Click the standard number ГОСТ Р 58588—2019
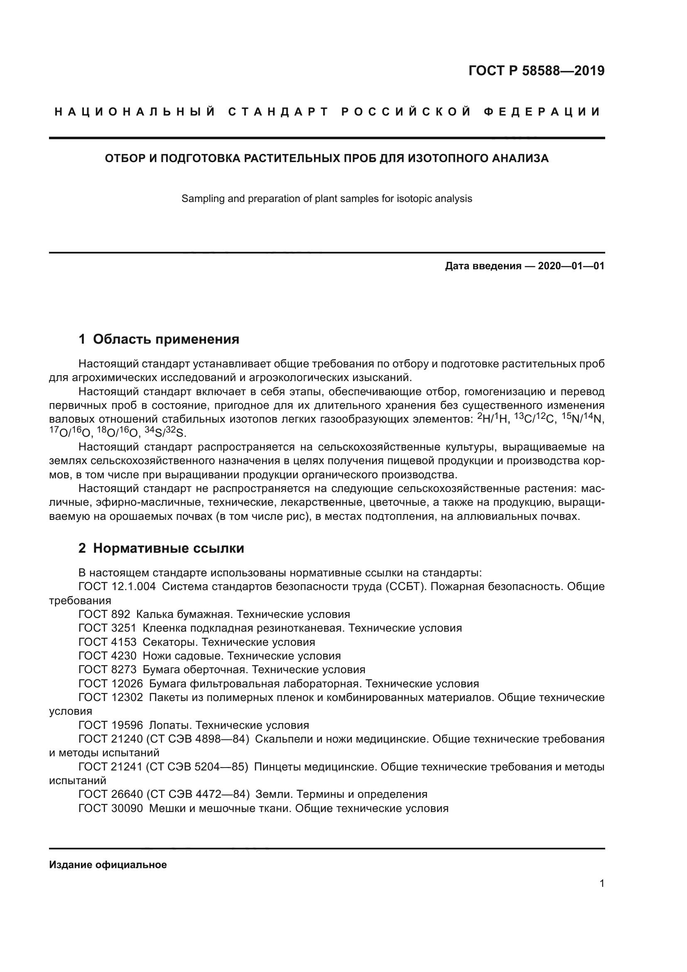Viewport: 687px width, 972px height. (536, 71)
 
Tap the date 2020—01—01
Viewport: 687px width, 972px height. (571, 266)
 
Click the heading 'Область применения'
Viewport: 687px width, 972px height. (166, 339)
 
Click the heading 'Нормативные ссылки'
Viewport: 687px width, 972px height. (168, 548)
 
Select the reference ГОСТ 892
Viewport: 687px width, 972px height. (105, 614)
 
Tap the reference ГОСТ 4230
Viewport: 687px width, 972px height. (108, 656)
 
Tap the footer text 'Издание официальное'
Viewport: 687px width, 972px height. (108, 865)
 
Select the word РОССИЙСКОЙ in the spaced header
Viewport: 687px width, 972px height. (406, 112)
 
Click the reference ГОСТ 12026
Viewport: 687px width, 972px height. (111, 684)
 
